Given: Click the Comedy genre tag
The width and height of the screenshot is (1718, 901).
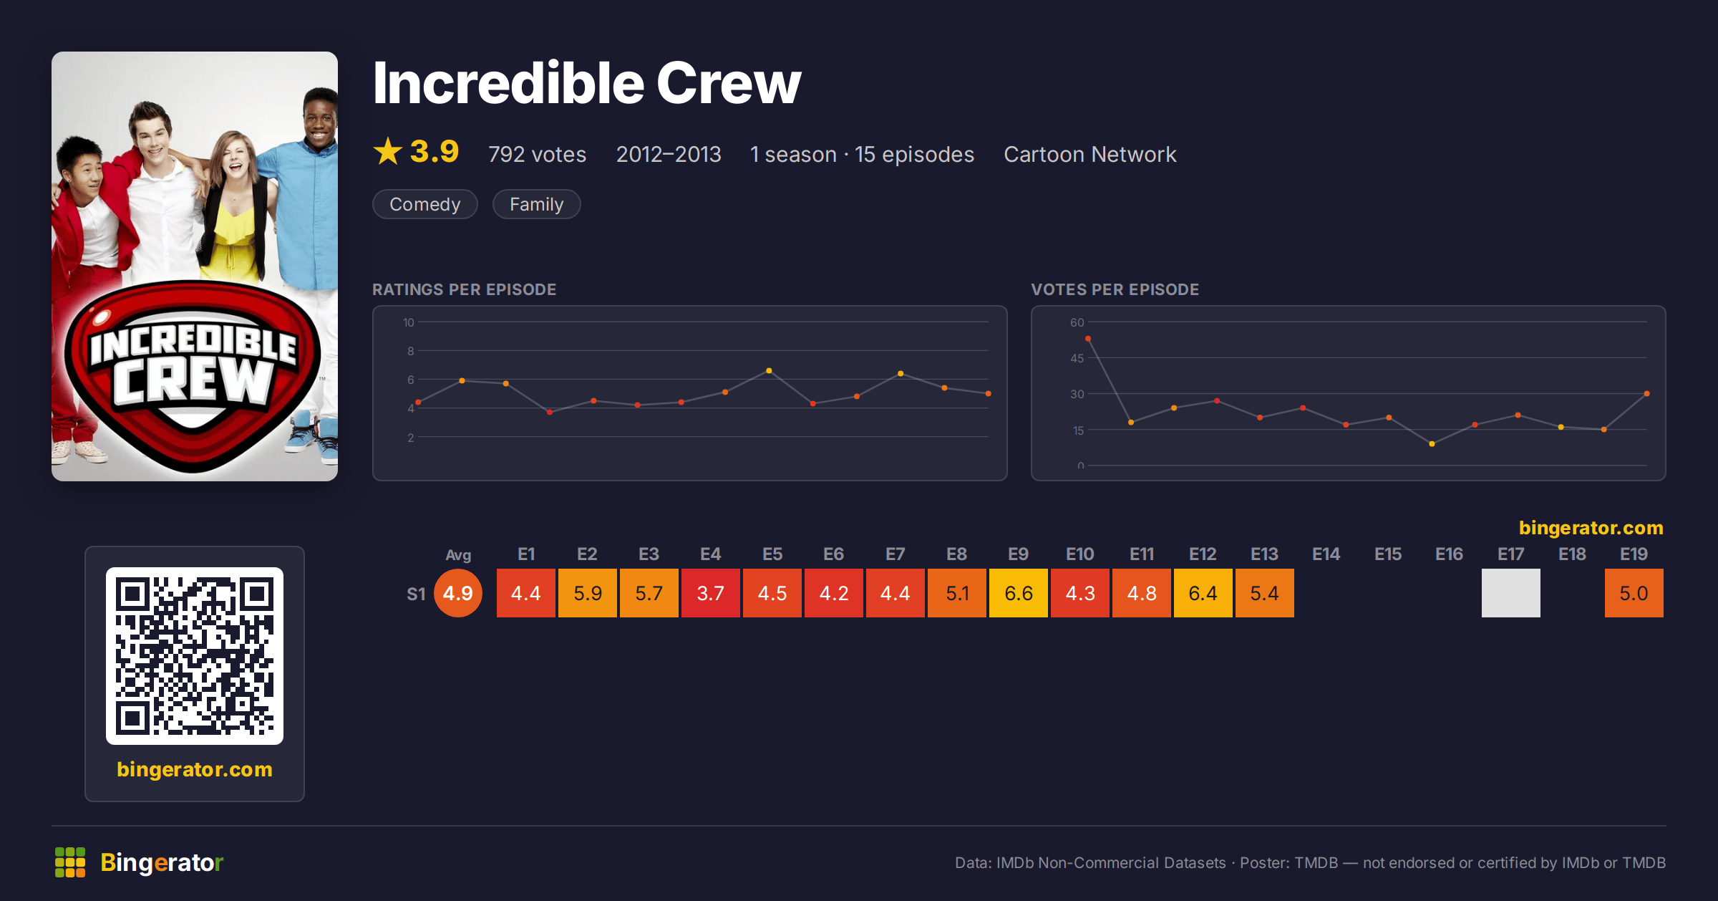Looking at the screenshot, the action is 424,204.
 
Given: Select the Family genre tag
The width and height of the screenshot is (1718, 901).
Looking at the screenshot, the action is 536,204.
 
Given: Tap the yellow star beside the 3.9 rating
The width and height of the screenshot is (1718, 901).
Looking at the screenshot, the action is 388,151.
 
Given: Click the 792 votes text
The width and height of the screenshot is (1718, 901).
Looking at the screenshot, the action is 537,154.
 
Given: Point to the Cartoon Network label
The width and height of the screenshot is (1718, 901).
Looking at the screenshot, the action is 1089,154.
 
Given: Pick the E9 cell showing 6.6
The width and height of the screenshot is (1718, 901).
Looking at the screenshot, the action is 1018,593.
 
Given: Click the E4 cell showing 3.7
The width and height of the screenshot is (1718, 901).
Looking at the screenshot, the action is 710,593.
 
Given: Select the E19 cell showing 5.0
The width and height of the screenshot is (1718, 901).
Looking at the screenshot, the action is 1634,593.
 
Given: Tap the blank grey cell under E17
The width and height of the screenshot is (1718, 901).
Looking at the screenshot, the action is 1510,593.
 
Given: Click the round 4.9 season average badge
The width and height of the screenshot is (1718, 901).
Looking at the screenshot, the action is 458,593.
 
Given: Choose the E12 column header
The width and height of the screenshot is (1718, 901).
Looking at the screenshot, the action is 1203,554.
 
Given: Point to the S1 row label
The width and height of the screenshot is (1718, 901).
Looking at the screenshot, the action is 416,594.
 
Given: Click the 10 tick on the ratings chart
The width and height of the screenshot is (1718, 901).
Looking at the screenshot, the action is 409,322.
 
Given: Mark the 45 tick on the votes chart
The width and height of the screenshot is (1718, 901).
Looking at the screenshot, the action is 1077,358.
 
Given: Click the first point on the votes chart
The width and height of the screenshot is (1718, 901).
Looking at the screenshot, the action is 1088,339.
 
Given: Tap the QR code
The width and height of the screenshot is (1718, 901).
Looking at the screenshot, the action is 195,656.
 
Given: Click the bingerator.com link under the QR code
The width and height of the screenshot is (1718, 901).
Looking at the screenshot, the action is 195,769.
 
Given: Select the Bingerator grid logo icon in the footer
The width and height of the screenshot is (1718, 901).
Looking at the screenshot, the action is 70,862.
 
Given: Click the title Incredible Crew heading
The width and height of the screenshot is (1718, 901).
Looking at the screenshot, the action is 587,83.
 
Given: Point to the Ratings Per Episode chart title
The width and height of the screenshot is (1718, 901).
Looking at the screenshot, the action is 464,289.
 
